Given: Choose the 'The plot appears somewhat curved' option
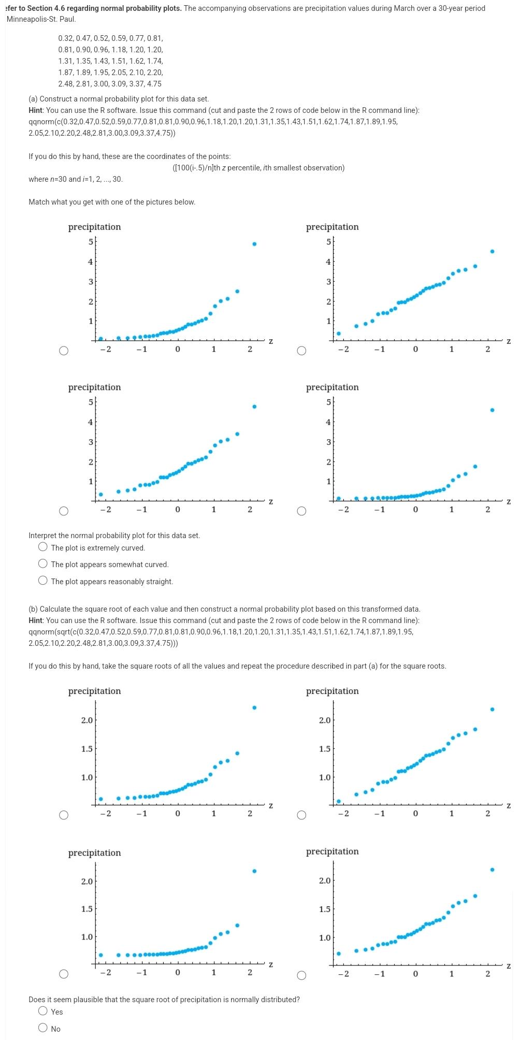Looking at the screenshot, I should tap(43, 564).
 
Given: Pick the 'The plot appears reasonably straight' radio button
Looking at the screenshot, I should tap(43, 581).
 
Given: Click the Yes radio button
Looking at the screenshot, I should tap(43, 1012).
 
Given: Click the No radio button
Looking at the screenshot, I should tap(43, 1028).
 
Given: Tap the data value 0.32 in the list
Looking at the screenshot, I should tap(66, 38).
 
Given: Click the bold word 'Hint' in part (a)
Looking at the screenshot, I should tap(36, 110).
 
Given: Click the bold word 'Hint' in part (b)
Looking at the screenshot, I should tap(36, 620).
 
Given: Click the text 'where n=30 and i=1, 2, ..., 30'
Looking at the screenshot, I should tap(76, 179).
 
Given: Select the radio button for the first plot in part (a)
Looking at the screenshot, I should tap(63, 351).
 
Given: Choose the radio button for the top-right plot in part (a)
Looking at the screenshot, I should tap(301, 351).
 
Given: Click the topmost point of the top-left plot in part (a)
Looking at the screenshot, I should tap(254, 243).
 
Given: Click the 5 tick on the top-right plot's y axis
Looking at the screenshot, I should tap(328, 241).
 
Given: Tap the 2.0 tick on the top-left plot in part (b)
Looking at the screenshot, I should tap(87, 720).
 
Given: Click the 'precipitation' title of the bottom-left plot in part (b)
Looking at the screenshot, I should tap(94, 853).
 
